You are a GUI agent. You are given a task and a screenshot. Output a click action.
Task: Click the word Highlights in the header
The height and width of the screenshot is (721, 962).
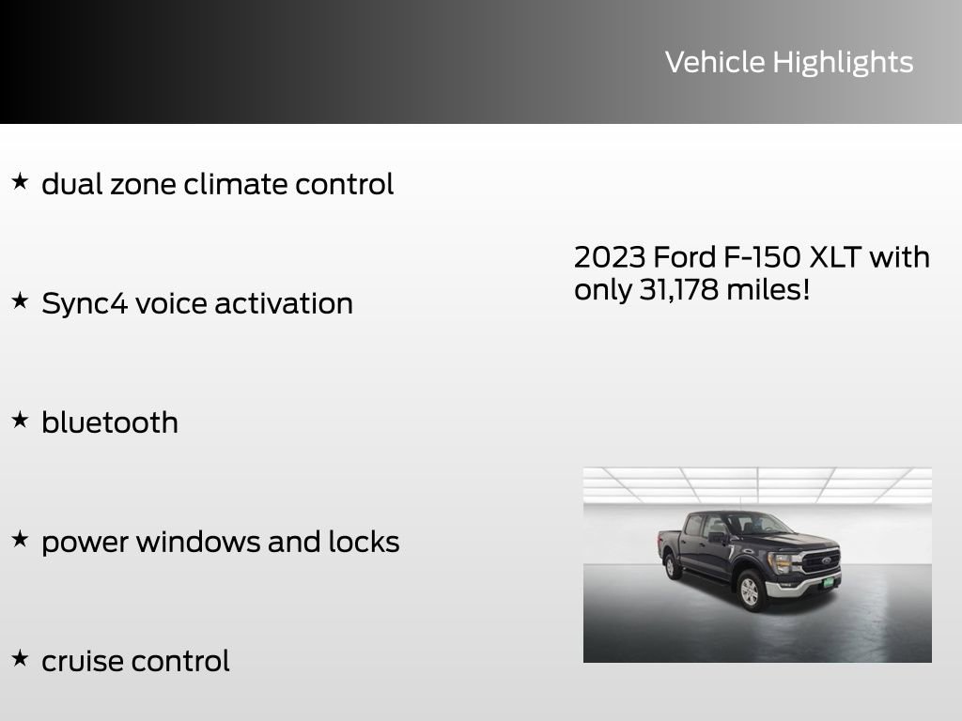coord(843,63)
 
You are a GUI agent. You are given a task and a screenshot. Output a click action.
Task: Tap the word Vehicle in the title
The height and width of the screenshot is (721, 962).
coord(715,62)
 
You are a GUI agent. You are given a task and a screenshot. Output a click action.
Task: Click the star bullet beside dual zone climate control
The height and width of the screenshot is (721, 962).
coord(20,181)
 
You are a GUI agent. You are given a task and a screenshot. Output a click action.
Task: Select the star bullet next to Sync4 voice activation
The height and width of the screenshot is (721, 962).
coord(20,300)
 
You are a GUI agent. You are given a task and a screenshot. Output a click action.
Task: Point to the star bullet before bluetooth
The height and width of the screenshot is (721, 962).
coord(20,420)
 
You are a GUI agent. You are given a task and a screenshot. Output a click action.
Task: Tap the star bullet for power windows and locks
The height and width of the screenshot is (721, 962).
coord(20,539)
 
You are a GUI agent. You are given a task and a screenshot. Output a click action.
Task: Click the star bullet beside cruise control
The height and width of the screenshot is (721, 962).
coord(20,658)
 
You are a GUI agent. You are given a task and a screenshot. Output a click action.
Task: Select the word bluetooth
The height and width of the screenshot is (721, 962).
coord(110,422)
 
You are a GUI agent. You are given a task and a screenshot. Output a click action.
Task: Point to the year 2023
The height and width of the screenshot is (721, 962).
coord(609,256)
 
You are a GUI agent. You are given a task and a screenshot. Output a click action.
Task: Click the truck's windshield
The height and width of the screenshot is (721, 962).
coord(758,524)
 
